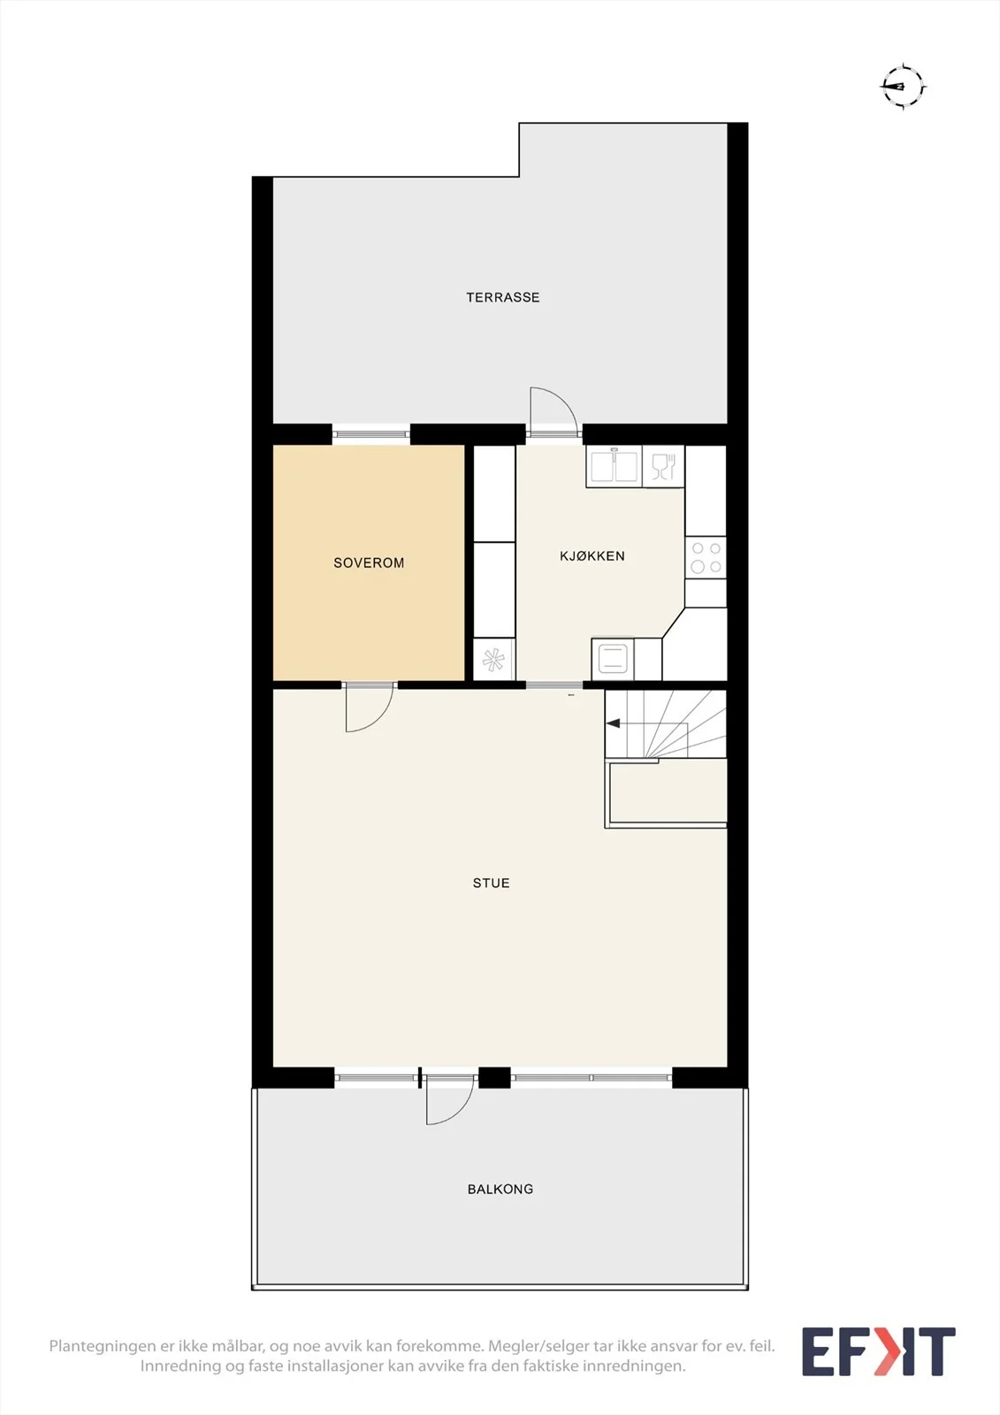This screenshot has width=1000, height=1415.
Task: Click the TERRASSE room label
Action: tap(503, 297)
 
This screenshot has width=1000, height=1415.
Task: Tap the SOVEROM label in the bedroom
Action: tap(369, 562)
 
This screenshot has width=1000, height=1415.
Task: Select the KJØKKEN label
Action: tap(592, 556)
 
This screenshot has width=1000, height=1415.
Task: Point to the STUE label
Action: tap(491, 883)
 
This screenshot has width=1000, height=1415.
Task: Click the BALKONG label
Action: tap(500, 1189)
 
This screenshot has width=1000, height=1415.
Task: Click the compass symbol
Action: tap(903, 87)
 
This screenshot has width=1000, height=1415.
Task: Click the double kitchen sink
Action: tap(614, 466)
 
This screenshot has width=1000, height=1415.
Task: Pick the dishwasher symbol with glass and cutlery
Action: tap(663, 466)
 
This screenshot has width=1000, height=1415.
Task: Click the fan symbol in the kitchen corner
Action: tap(494, 660)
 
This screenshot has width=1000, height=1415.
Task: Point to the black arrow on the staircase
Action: tap(613, 723)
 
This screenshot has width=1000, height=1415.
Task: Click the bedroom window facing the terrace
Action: tap(370, 434)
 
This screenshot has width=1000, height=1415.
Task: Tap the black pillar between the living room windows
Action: tap(494, 1078)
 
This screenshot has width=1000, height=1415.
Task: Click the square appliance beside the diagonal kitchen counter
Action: tap(613, 658)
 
